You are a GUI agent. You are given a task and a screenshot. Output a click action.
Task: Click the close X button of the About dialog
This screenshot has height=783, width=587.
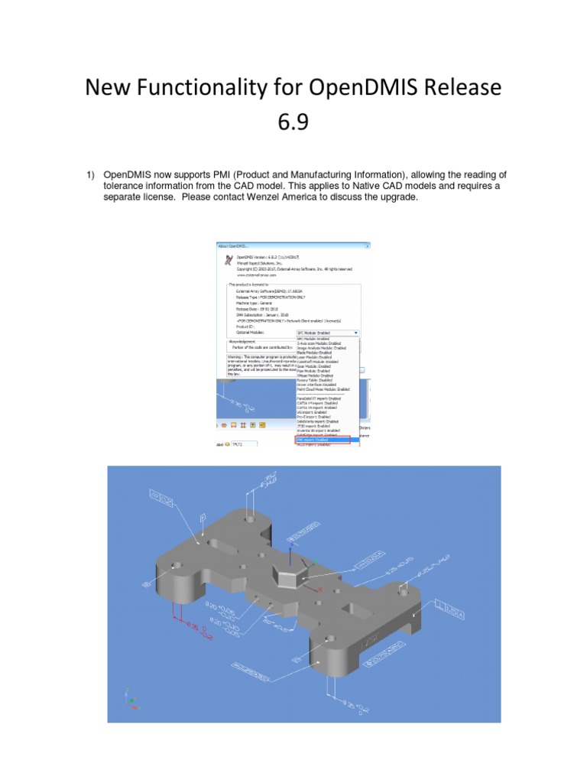367,245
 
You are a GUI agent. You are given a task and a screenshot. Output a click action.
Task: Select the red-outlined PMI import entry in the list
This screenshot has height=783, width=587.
323,440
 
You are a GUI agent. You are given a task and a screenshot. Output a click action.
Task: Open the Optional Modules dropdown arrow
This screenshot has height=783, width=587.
355,333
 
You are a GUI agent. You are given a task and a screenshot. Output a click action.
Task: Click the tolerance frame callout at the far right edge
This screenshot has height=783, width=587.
450,609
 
